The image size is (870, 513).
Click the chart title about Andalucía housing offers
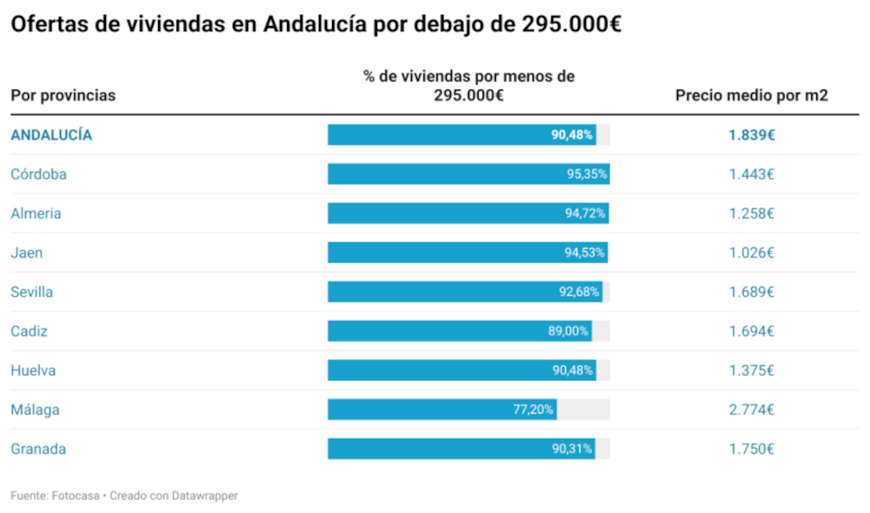pyautogui.click(x=316, y=24)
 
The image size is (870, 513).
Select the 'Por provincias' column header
pyautogui.click(x=63, y=96)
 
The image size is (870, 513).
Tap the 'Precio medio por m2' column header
pyautogui.click(x=752, y=96)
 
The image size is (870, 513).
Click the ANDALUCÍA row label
pyautogui.click(x=51, y=135)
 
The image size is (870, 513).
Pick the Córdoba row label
pyautogui.click(x=38, y=174)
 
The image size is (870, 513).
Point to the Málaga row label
pyautogui.click(x=35, y=410)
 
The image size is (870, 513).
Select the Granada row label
pyautogui.click(x=38, y=449)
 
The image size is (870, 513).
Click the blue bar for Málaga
pyautogui.click(x=420, y=410)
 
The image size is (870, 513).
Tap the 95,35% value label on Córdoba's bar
pyautogui.click(x=587, y=174)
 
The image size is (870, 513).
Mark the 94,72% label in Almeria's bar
pyautogui.click(x=587, y=213)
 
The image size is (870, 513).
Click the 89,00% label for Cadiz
pyautogui.click(x=568, y=332)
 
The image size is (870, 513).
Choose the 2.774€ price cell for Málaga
pyautogui.click(x=752, y=410)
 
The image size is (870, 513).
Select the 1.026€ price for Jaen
pyautogui.click(x=752, y=253)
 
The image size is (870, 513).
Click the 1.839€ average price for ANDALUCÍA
pyautogui.click(x=752, y=135)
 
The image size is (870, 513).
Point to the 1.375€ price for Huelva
pyautogui.click(x=752, y=371)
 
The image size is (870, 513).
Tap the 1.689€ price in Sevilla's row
pyautogui.click(x=752, y=292)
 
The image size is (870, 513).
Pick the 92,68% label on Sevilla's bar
pyautogui.click(x=579, y=292)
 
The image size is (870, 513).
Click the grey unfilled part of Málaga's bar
pyautogui.click(x=583, y=410)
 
